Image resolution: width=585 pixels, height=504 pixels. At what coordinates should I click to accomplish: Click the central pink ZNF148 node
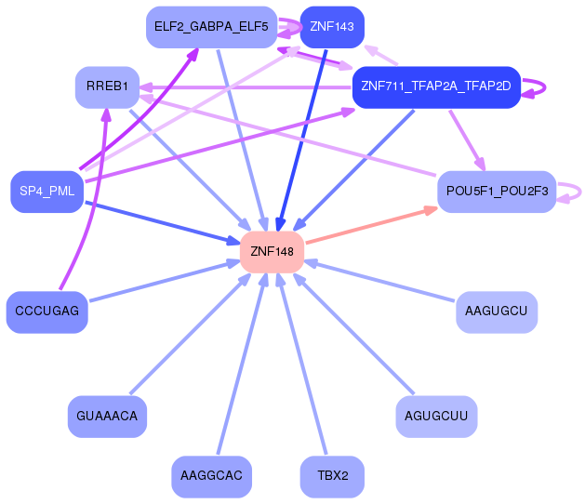pos(272,251)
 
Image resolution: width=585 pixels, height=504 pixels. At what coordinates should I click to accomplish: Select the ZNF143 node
pos(331,27)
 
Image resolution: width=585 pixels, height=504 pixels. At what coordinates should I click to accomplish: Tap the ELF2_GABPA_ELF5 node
pos(211,27)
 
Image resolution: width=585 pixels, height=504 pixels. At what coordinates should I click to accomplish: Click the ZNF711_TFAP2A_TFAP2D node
pos(435,86)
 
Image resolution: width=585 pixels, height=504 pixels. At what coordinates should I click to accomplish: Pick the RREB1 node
pos(107,86)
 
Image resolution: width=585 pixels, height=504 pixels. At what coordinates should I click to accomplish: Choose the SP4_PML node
pos(47,192)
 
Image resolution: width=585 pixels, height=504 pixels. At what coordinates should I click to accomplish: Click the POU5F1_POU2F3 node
pos(497,192)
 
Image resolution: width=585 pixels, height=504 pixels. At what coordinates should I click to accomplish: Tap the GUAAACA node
pos(107,417)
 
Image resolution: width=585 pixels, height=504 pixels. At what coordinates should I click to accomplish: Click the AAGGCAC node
pos(211,476)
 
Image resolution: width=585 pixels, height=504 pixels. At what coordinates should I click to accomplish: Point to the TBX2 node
pos(331,476)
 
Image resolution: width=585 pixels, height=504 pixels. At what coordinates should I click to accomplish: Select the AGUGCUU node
pos(436,417)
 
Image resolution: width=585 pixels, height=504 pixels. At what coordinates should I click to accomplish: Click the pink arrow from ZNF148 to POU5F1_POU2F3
pos(372,226)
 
